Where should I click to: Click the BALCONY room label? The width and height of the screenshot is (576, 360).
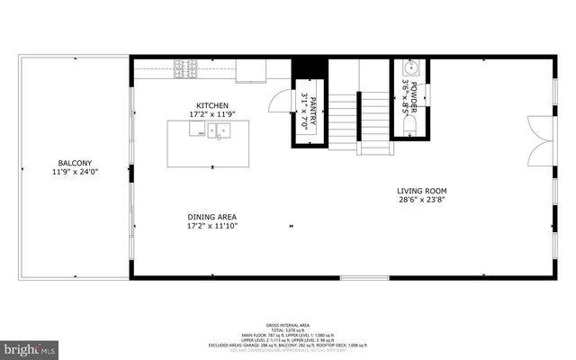pyautogui.click(x=75, y=162)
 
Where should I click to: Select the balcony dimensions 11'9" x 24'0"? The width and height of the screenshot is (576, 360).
pyautogui.click(x=75, y=171)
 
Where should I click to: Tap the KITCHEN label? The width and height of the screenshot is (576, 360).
pyautogui.click(x=212, y=105)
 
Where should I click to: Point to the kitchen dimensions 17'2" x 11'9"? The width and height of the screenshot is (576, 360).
pyautogui.click(x=212, y=114)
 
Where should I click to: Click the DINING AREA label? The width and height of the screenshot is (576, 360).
pyautogui.click(x=212, y=217)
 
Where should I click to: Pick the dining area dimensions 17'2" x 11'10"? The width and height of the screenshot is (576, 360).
pyautogui.click(x=212, y=226)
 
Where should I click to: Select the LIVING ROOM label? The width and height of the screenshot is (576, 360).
pyautogui.click(x=422, y=191)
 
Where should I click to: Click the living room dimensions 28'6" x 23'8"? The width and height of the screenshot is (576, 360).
pyautogui.click(x=422, y=200)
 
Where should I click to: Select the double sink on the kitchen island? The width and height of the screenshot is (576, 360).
pyautogui.click(x=216, y=130)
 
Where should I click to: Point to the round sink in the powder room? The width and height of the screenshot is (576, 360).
pyautogui.click(x=409, y=68)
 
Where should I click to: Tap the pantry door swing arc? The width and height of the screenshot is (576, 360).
pyautogui.click(x=282, y=99)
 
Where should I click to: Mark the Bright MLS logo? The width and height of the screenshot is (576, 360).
pyautogui.click(x=30, y=346)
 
